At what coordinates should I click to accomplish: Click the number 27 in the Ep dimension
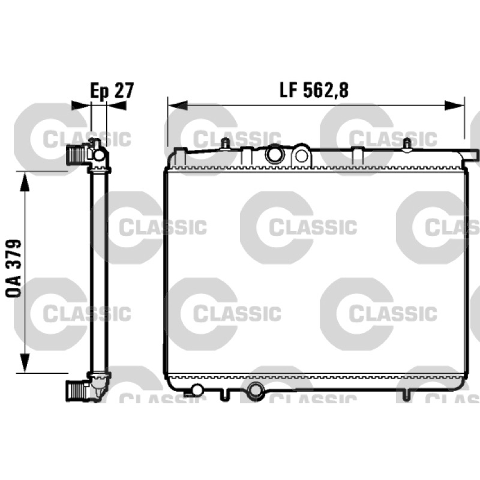(x=124, y=91)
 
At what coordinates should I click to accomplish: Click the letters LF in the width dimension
(x=290, y=91)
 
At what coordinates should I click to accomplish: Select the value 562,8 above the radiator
(x=326, y=91)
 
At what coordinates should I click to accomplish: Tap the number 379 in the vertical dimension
(x=13, y=254)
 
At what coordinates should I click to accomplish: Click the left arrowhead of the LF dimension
(x=178, y=106)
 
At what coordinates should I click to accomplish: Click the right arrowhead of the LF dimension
(x=455, y=106)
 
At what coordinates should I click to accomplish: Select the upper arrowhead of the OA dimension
(x=25, y=181)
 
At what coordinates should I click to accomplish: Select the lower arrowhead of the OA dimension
(x=25, y=363)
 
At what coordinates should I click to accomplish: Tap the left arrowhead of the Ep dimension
(x=81, y=106)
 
